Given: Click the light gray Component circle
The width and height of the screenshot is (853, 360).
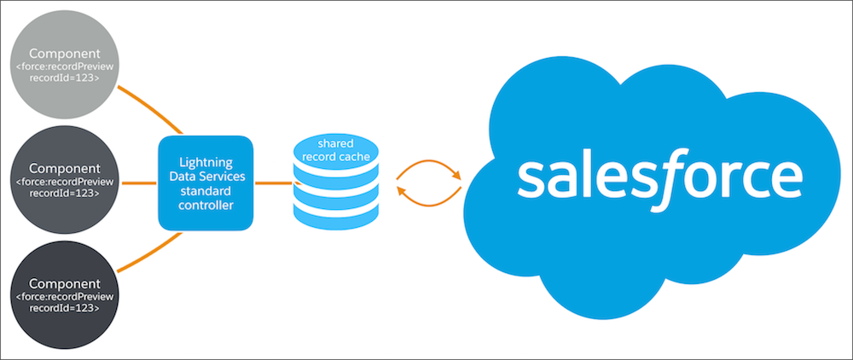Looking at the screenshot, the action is (65, 65).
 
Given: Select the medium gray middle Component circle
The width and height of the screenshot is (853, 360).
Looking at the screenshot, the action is (65, 180).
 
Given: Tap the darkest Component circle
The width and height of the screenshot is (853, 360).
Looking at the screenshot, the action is (65, 295).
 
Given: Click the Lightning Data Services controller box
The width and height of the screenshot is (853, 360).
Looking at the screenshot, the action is (206, 183).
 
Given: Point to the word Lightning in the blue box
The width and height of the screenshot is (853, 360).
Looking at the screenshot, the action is (206, 163).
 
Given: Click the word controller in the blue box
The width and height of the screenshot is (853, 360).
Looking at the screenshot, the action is (206, 206).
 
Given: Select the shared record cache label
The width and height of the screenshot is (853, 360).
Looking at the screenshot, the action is (335, 150).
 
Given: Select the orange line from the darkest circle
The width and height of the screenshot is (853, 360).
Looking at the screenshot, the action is (151, 253).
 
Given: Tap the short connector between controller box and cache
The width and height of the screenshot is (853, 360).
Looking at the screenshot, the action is (275, 183).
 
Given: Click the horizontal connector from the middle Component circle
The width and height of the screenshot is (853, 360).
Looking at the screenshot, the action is (139, 183).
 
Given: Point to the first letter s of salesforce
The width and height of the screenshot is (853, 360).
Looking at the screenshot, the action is (531, 179).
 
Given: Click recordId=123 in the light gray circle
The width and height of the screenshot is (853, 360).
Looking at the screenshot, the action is (65, 78).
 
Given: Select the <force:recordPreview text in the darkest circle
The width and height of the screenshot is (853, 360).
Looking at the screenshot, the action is (65, 297).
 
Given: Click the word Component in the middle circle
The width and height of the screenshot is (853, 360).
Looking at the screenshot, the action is (65, 169).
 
